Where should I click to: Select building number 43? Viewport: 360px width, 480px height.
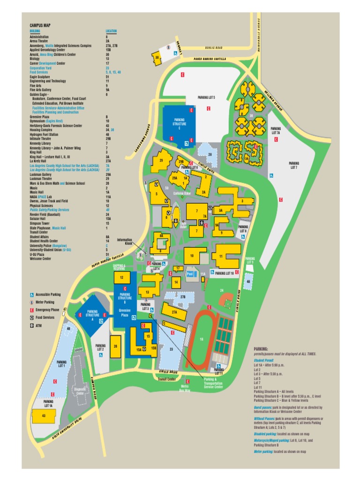(44, 415)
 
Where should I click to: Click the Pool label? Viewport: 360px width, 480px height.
(190, 273)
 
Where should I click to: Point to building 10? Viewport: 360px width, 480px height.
(192, 256)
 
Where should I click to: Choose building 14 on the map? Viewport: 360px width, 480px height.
(176, 282)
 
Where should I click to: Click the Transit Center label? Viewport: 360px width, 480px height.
(166, 379)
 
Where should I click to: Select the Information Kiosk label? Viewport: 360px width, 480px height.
(124, 241)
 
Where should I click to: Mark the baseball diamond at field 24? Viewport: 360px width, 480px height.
(227, 299)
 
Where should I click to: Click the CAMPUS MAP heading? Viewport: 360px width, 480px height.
(40, 26)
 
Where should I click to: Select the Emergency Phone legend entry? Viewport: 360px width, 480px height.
(48, 310)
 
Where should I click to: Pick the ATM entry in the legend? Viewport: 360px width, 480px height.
(38, 325)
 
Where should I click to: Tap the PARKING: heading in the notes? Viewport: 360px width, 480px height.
(261, 349)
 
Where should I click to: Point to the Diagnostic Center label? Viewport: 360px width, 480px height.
(80, 391)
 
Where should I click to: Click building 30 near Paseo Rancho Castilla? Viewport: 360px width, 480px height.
(157, 58)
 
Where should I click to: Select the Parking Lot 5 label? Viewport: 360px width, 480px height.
(206, 97)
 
